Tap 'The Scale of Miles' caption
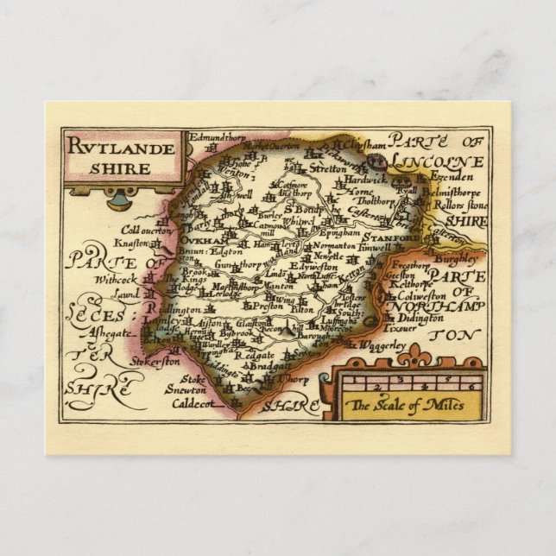(x=405, y=404)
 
